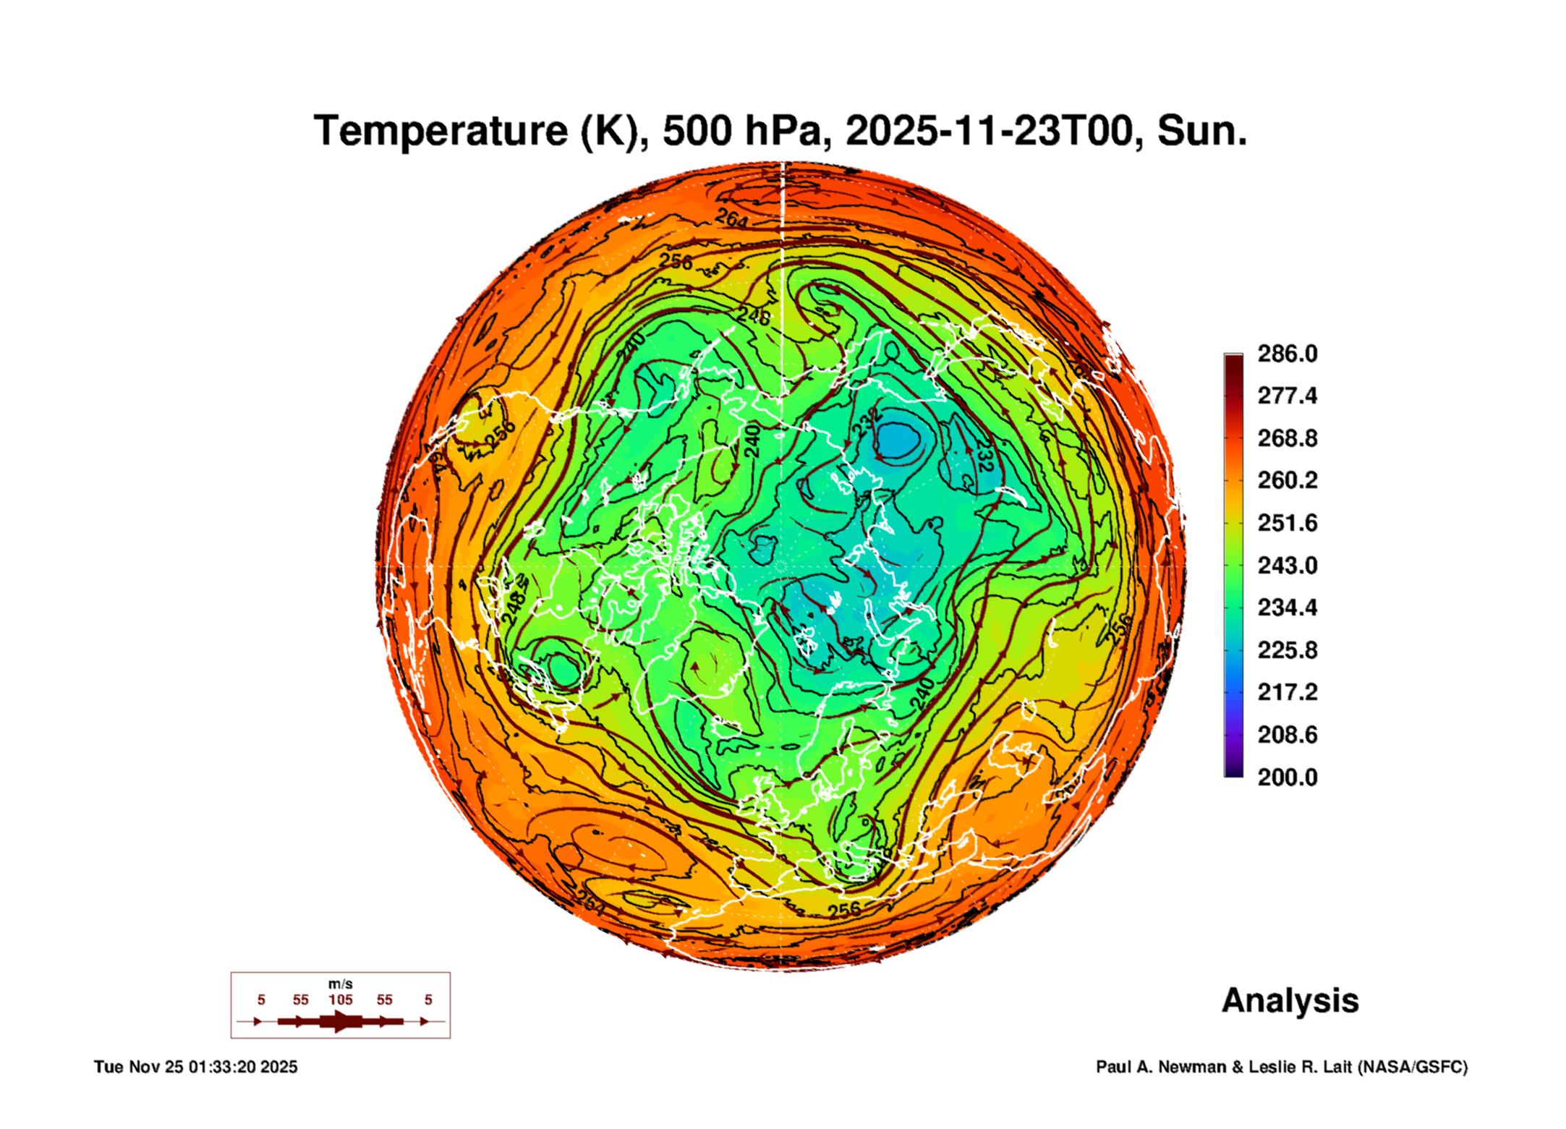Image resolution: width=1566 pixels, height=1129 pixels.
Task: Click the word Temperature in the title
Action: pyautogui.click(x=441, y=131)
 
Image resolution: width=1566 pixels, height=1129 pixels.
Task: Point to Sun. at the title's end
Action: pyautogui.click(x=1201, y=131)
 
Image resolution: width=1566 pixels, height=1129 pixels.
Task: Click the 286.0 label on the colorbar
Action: pyautogui.click(x=1287, y=354)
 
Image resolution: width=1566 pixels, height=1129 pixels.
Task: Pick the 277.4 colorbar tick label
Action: pyautogui.click(x=1287, y=396)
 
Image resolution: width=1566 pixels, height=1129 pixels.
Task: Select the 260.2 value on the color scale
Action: pyautogui.click(x=1287, y=480)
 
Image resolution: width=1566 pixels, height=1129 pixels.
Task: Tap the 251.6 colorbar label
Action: pyautogui.click(x=1287, y=523)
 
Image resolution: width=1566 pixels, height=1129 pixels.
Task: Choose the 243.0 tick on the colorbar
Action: pyautogui.click(x=1287, y=565)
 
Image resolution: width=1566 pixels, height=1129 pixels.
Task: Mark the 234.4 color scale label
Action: pyautogui.click(x=1287, y=608)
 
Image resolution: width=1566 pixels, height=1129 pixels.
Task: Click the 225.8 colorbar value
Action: pyautogui.click(x=1287, y=650)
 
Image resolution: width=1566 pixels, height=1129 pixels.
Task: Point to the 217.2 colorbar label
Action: pyautogui.click(x=1287, y=692)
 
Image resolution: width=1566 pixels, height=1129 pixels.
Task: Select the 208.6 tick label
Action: pyautogui.click(x=1287, y=735)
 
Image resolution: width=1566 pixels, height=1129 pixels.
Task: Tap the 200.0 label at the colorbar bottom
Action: pyautogui.click(x=1287, y=777)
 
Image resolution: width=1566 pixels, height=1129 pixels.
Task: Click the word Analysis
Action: pyautogui.click(x=1290, y=1001)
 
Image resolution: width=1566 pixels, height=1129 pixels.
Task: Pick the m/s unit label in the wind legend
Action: pyautogui.click(x=340, y=984)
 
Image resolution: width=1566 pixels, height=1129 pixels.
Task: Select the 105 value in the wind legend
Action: pyautogui.click(x=340, y=1000)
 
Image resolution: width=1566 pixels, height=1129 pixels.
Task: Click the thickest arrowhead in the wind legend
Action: pyautogui.click(x=340, y=1021)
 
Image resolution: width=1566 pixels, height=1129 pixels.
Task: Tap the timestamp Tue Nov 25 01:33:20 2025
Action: pyautogui.click(x=195, y=1067)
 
